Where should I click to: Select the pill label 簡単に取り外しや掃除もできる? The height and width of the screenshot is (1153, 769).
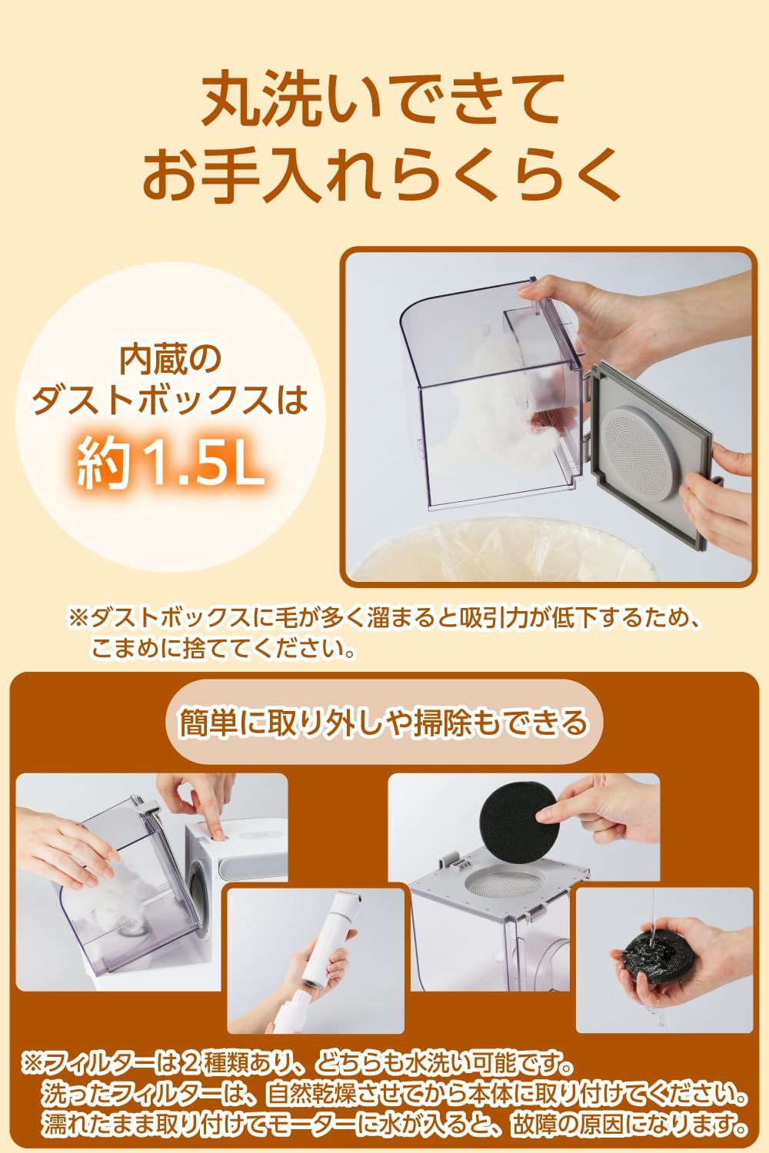point(382,721)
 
